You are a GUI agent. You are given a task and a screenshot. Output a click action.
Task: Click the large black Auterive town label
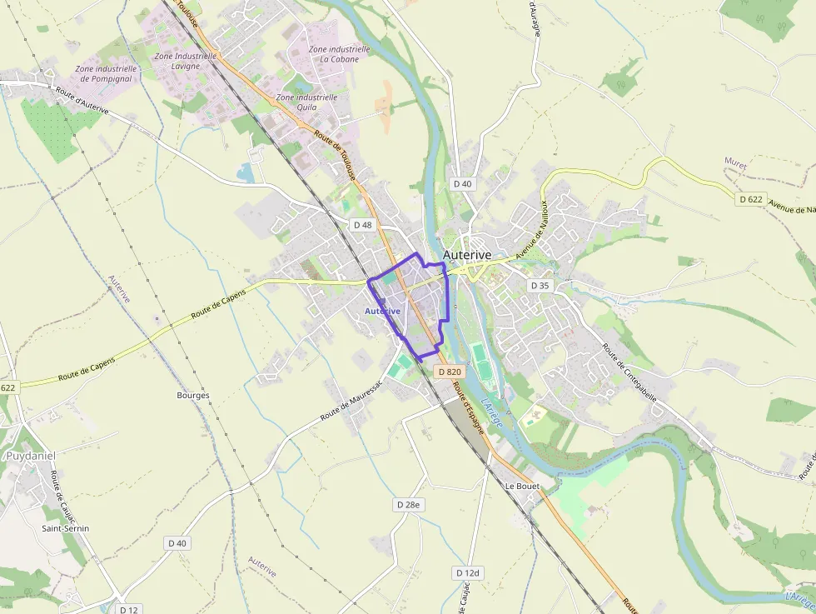(x=466, y=255)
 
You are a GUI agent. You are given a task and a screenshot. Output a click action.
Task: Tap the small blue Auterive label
(x=382, y=311)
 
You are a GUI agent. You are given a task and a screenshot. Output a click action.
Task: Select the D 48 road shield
(x=362, y=225)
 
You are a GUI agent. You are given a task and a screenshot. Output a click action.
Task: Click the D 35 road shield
(x=540, y=286)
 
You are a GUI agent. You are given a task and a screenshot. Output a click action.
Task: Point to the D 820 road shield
(x=448, y=372)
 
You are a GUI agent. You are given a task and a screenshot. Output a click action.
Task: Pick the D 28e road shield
(x=408, y=505)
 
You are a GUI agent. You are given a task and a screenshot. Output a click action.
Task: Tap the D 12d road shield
(x=468, y=573)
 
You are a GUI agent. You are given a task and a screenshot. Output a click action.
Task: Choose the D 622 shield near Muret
(x=750, y=199)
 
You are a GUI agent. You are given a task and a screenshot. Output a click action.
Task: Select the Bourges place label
(x=193, y=395)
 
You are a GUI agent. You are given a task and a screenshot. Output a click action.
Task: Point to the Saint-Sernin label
(x=65, y=528)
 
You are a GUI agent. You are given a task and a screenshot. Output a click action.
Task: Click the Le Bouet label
(x=522, y=486)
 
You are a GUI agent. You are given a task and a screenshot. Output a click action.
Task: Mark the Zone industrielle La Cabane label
(x=333, y=54)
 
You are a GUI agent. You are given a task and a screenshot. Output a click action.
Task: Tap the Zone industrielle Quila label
(x=306, y=102)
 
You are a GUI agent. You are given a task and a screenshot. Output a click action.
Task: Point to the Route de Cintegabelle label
(x=630, y=372)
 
